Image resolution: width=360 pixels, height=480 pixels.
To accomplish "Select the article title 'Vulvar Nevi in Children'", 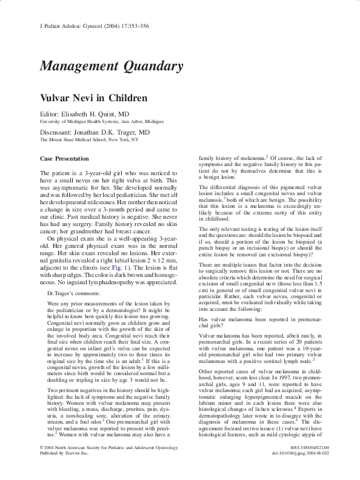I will (90, 97).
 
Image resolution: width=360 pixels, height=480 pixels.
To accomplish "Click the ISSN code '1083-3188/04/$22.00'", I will (297, 464).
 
